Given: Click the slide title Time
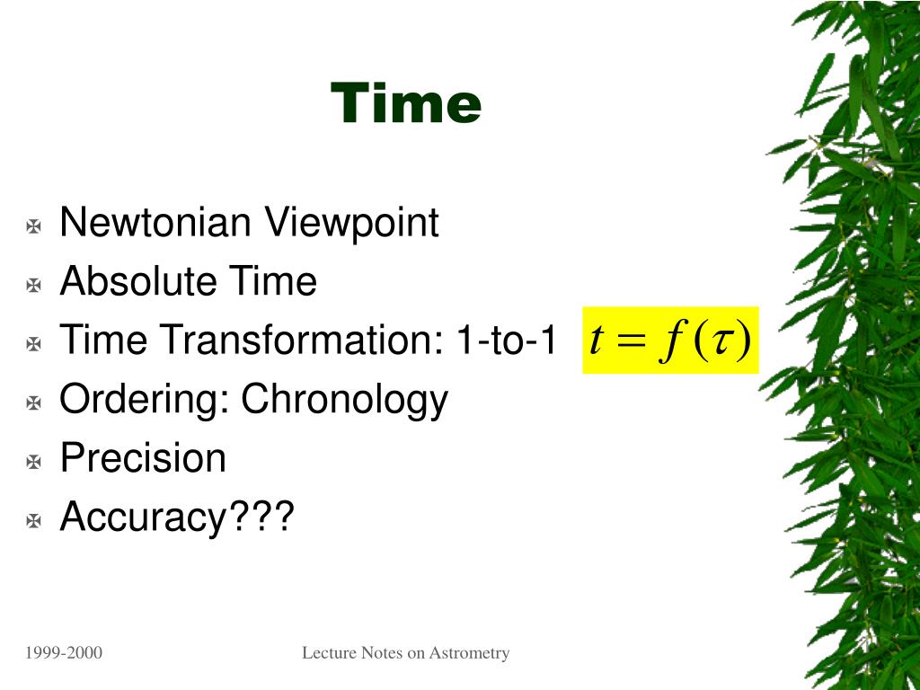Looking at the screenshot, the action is click(406, 102).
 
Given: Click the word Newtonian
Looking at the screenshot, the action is click(155, 222).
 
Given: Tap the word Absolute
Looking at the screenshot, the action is click(138, 280).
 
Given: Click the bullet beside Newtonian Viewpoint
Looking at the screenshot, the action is click(34, 226).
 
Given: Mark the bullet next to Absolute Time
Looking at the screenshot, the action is click(34, 285).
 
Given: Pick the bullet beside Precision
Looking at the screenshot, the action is click(34, 462).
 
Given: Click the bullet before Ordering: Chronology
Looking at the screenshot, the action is click(34, 403).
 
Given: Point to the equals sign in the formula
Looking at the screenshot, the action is click(630, 341).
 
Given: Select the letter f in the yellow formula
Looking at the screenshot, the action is click(670, 341).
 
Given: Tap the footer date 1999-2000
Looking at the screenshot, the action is click(64, 652).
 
